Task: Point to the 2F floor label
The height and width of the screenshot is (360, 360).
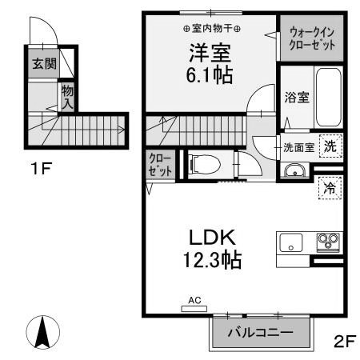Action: tap(343, 341)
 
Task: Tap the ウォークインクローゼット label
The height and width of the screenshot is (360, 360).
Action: tap(313, 38)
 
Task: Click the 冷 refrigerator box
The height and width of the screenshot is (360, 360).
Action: tap(329, 189)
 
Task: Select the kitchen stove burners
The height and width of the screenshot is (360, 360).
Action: tap(328, 240)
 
